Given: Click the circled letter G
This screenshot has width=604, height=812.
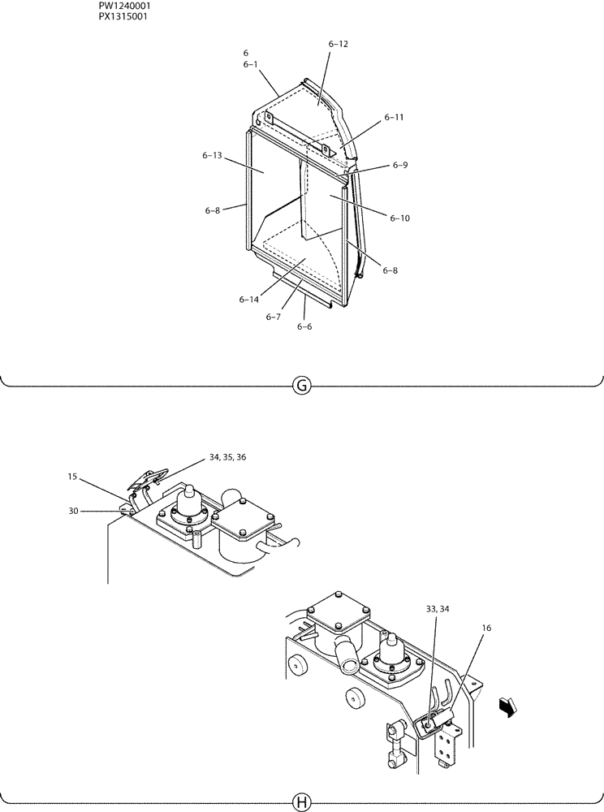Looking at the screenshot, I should (x=301, y=386).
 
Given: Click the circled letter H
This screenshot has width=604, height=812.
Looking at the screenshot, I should (x=301, y=803).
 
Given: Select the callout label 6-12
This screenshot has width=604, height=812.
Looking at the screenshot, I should (x=339, y=44).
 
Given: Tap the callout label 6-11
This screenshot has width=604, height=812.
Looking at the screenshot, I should (x=394, y=117).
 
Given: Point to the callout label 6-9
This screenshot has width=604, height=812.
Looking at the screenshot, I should (x=399, y=165).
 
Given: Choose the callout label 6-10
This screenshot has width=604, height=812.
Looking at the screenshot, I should (x=399, y=218).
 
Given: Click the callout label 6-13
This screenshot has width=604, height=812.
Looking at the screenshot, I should (x=213, y=155).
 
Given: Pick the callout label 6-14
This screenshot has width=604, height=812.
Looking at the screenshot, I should (x=249, y=300).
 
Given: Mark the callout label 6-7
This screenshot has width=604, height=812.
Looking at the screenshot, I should (x=273, y=317).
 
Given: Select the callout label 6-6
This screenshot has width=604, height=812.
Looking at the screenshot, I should (x=304, y=326).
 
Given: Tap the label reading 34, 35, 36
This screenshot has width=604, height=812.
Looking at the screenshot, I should (x=227, y=458).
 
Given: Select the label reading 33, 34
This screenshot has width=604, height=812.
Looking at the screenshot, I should (x=437, y=608).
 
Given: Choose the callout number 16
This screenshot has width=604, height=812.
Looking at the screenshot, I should (x=485, y=628).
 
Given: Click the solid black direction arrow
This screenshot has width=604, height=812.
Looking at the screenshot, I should (x=507, y=708).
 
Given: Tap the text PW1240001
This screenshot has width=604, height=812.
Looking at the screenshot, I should (x=124, y=6).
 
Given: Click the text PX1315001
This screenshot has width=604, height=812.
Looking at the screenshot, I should (x=123, y=16).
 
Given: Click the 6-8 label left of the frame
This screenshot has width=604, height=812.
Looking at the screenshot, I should (x=213, y=210).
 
